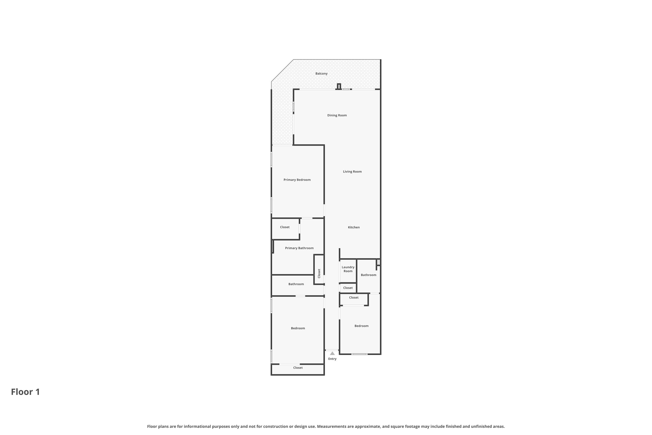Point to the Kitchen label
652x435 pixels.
(x=354, y=228)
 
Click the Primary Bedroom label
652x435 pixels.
(x=297, y=180)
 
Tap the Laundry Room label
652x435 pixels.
(x=348, y=269)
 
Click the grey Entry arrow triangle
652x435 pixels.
(x=332, y=353)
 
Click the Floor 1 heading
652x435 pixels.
(x=25, y=392)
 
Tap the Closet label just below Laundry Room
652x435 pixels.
(x=348, y=288)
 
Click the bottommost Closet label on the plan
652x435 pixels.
(x=298, y=368)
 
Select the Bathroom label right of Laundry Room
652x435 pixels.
(x=368, y=275)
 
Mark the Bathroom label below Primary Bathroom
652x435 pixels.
(x=296, y=284)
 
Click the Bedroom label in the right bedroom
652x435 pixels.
(x=361, y=326)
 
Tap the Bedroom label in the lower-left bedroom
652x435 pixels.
(x=298, y=328)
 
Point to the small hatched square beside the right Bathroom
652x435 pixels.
(x=378, y=262)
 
